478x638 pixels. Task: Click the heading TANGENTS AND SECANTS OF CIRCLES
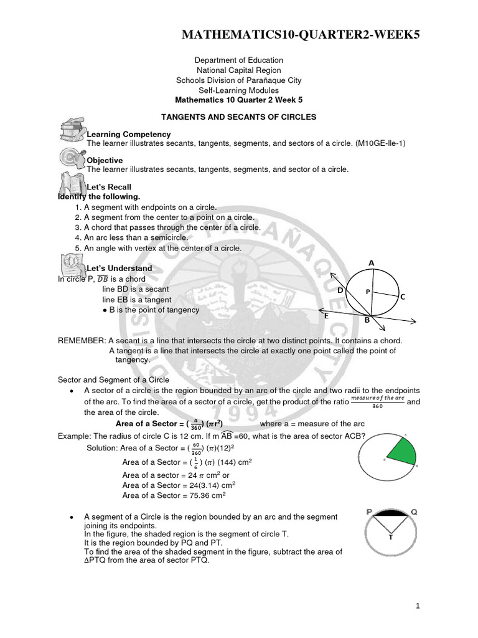click(x=239, y=117)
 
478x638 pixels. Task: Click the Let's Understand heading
click(x=119, y=269)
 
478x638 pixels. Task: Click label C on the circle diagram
click(x=403, y=297)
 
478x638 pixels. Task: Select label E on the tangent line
click(x=326, y=316)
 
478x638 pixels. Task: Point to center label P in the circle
click(x=368, y=291)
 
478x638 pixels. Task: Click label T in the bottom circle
click(x=390, y=536)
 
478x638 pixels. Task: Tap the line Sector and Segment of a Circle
click(x=113, y=379)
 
